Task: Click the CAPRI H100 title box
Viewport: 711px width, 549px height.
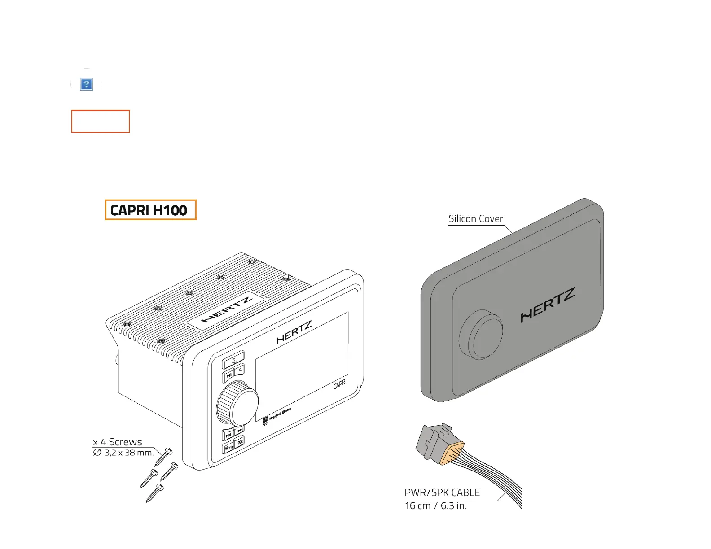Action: coord(151,210)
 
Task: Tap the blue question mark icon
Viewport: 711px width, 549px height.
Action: coord(86,84)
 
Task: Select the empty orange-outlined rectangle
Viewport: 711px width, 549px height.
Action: coord(101,121)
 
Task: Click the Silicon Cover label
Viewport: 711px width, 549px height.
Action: coord(476,219)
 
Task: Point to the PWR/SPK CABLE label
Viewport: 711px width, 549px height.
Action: coord(442,492)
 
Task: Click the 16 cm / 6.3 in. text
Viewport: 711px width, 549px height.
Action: coord(435,506)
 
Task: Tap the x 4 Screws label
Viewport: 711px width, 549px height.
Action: coord(118,442)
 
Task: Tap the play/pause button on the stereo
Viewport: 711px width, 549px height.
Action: coord(229,375)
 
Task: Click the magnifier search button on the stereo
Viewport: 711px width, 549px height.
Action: coord(240,370)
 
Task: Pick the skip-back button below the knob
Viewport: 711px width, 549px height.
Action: coord(228,435)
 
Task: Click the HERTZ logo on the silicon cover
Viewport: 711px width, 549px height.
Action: coord(547,305)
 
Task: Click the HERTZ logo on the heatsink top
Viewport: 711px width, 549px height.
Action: coord(227,309)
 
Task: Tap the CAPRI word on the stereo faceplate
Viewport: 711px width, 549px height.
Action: coord(340,384)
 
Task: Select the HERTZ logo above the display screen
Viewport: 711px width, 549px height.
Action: coord(294,332)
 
